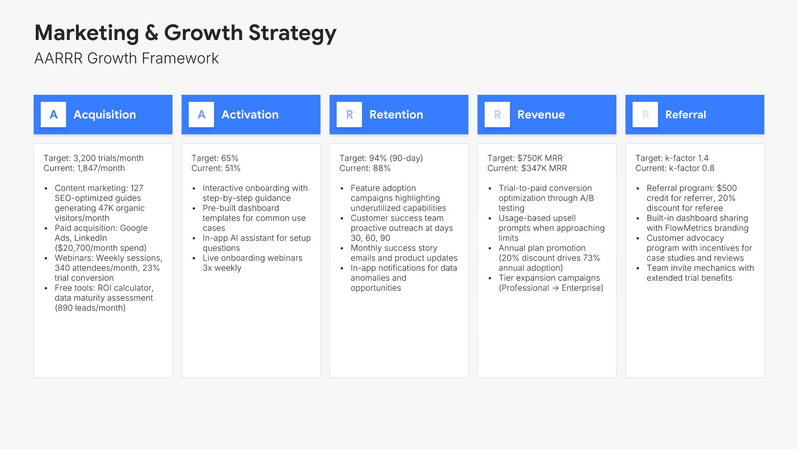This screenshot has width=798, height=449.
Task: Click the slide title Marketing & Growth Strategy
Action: [x=185, y=33]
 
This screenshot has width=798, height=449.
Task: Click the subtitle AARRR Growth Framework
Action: [x=126, y=58]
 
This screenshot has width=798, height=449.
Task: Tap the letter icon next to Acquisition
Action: [x=53, y=114]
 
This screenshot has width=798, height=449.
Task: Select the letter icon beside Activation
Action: [x=201, y=114]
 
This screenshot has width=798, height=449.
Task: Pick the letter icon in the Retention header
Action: [x=349, y=114]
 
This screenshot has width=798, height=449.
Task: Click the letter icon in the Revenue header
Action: [x=497, y=114]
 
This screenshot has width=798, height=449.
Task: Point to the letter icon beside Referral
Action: [x=645, y=114]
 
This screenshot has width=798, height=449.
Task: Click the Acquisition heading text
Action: [x=105, y=115]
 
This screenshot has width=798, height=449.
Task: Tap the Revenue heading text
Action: [x=541, y=115]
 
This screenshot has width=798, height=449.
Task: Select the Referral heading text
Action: [x=686, y=115]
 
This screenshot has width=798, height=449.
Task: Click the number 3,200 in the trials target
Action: [x=84, y=158]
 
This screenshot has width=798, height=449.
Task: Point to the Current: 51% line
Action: [x=216, y=168]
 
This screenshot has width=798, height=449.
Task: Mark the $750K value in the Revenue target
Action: [x=529, y=158]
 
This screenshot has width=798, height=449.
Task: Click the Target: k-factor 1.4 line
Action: [x=672, y=158]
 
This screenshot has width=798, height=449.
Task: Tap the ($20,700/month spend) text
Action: [x=101, y=248]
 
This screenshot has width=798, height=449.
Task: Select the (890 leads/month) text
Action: [x=90, y=308]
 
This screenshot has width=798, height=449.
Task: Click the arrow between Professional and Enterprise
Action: [x=555, y=288]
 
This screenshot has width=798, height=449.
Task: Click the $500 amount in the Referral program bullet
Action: [x=727, y=188]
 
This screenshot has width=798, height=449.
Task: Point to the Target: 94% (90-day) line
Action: [x=381, y=158]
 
